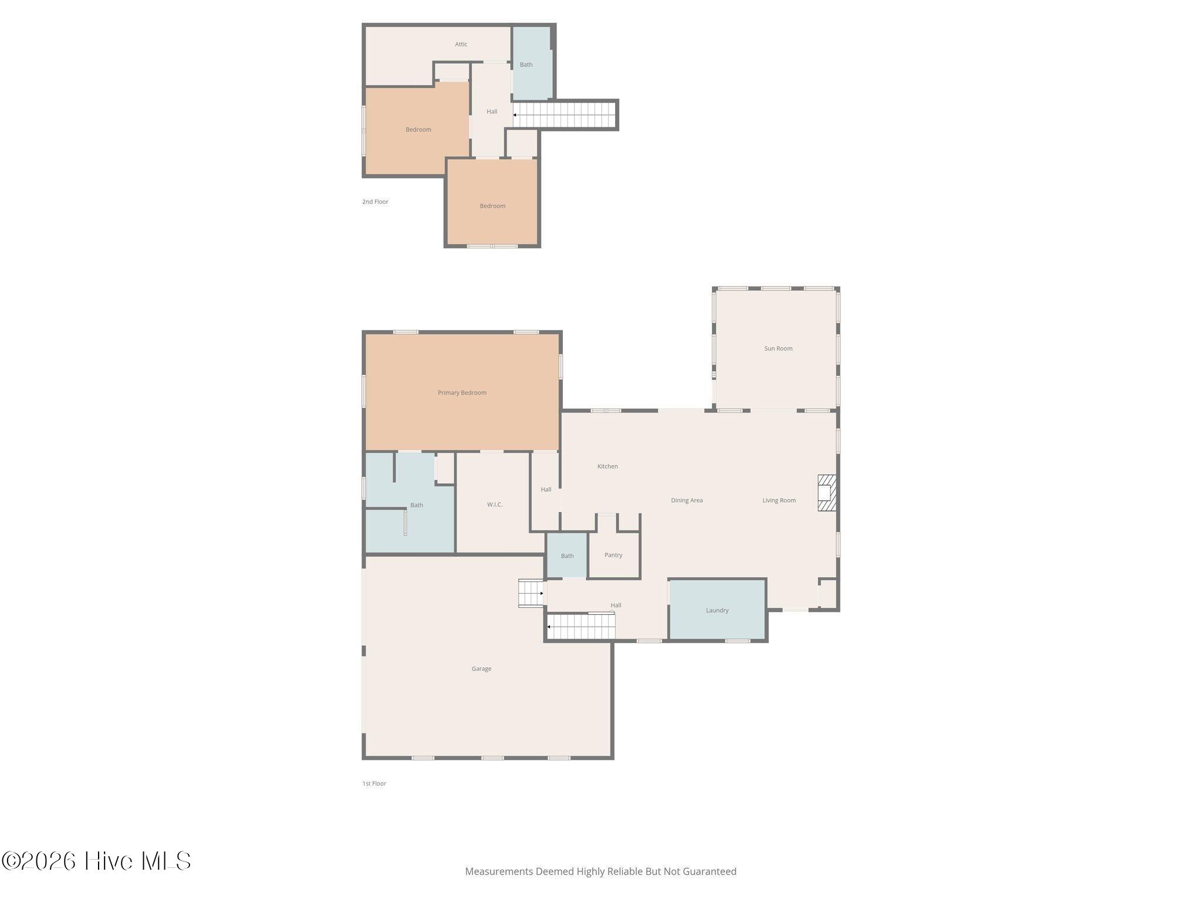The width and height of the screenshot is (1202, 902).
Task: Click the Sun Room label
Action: [x=778, y=349]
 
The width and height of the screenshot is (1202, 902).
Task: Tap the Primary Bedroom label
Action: [x=462, y=393]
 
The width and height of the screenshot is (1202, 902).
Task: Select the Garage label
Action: [x=481, y=669]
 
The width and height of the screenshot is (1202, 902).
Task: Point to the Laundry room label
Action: [x=717, y=611]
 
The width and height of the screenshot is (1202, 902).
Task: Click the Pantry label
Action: [x=613, y=556]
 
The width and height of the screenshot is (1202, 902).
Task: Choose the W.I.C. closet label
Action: [x=495, y=504]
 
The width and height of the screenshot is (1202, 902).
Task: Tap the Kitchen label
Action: [x=607, y=466]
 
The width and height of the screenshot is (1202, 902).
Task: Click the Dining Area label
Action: [x=687, y=500]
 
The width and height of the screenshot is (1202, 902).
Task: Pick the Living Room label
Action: [x=779, y=500]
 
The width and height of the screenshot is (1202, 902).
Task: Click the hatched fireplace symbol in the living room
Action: [x=827, y=493]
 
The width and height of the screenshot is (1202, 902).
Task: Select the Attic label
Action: [x=461, y=44]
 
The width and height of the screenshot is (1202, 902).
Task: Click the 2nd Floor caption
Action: [x=375, y=202]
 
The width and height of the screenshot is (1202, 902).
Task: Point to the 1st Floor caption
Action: [x=374, y=783]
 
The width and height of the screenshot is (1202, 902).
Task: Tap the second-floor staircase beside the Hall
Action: [x=565, y=115]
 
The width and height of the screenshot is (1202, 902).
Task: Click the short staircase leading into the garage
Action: [x=531, y=593]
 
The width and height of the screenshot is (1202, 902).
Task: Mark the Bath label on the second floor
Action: [x=526, y=65]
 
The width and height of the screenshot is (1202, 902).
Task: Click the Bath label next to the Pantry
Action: [x=567, y=556]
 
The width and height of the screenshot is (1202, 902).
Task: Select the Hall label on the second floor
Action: [x=492, y=112]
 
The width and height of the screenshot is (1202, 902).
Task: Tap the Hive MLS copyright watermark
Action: [x=96, y=861]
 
